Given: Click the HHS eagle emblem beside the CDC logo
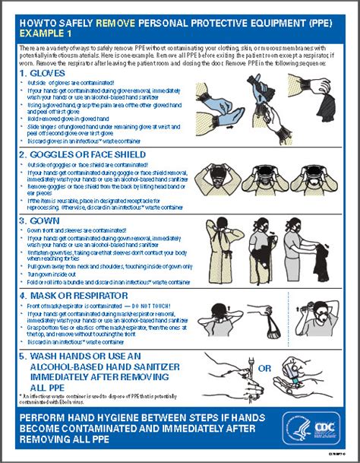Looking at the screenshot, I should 295,427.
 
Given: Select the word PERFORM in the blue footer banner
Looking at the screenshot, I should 44,419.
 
